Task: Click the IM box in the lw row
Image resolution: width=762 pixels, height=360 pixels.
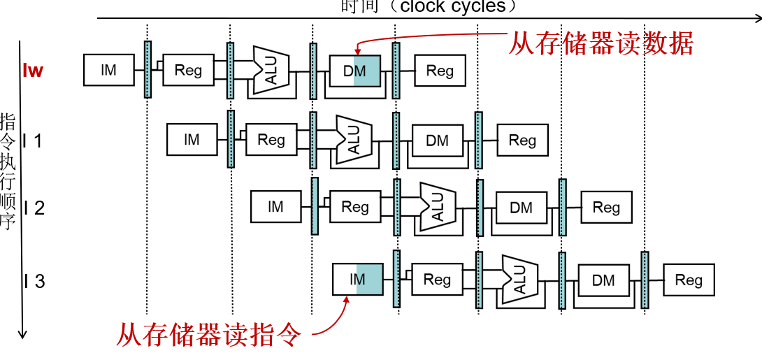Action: [108, 71]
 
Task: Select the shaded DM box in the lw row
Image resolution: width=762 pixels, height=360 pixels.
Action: [355, 71]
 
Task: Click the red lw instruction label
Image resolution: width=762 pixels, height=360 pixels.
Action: [33, 71]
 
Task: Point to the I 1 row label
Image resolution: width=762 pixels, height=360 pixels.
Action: [33, 141]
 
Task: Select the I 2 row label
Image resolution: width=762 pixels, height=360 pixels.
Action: [34, 208]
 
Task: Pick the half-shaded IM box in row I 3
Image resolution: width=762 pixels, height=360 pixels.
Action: [357, 280]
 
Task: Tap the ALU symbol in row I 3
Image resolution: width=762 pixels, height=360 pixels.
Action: [519, 279]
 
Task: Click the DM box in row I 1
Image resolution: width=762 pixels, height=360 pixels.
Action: [438, 141]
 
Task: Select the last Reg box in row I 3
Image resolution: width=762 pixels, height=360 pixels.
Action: [689, 280]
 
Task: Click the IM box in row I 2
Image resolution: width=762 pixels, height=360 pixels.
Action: [276, 207]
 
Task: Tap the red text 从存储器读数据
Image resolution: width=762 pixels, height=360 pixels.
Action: [601, 43]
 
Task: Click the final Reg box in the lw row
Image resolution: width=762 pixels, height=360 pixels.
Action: [440, 71]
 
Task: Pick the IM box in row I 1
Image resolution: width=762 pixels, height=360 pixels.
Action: [192, 140]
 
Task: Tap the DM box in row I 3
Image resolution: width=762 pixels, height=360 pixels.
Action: [603, 280]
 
